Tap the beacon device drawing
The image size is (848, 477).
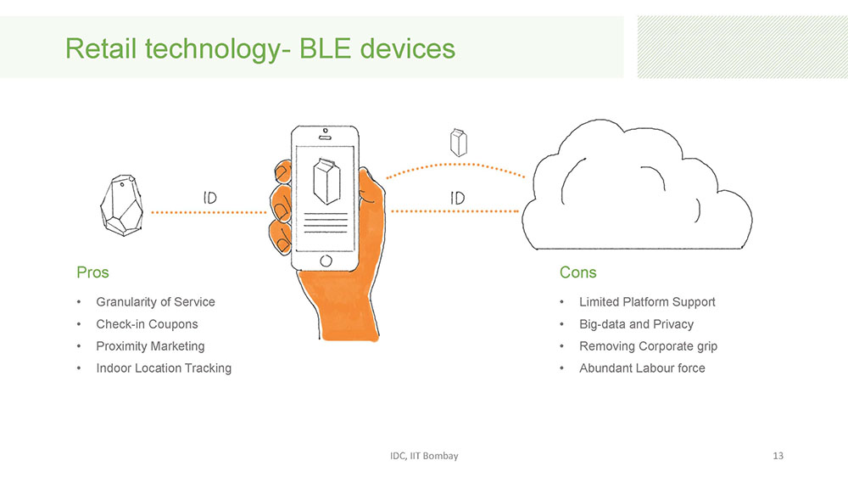tap(121, 205)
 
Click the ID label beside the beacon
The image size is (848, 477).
tap(209, 198)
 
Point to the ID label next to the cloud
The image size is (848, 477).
tap(458, 198)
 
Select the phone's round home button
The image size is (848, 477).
tap(326, 261)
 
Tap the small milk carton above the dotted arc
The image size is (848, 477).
tap(459, 143)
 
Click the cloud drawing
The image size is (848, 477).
tap(637, 185)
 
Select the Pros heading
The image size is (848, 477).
tap(92, 272)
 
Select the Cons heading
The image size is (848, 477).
tap(577, 272)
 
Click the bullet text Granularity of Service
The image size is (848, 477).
tap(155, 302)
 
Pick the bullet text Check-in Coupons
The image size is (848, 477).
tap(147, 324)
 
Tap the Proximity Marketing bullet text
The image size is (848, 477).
tap(150, 346)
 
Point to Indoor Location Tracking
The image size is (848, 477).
tap(164, 368)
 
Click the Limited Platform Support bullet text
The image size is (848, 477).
tap(647, 302)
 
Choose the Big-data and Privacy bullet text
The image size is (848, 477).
tap(637, 324)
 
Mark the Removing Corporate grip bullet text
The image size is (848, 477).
tap(649, 346)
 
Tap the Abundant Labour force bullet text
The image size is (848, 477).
tap(643, 368)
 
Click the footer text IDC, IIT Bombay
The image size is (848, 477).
tap(424, 456)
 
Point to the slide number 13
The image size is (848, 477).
tap(778, 456)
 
